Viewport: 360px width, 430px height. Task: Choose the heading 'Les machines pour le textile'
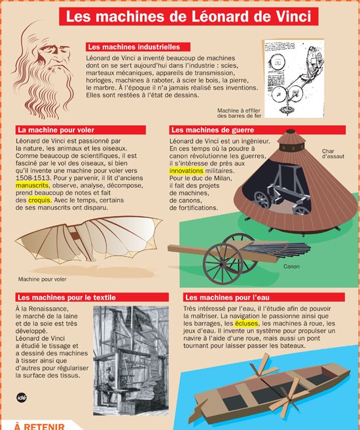[65, 297]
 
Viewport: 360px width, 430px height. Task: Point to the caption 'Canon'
[291, 266]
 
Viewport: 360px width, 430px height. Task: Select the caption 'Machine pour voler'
[43, 279]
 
